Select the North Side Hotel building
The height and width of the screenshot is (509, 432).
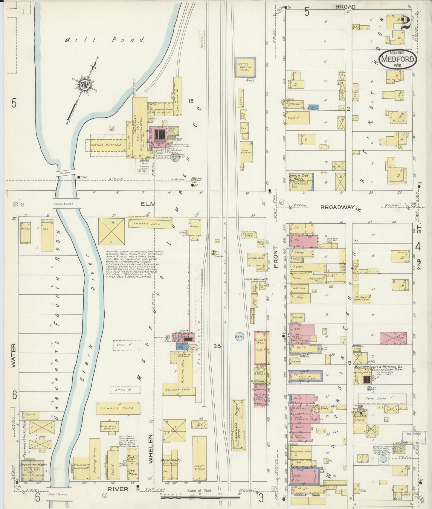click(x=300, y=182)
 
